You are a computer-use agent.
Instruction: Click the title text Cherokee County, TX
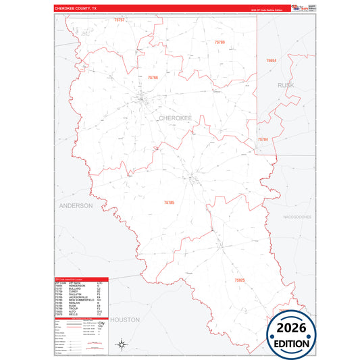point(76,9)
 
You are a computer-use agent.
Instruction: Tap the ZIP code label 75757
point(120,20)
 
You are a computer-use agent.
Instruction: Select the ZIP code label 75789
point(220,43)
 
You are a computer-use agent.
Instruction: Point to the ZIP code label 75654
point(271,61)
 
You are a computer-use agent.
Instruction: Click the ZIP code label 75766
point(153,78)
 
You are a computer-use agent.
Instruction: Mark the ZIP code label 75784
point(263,139)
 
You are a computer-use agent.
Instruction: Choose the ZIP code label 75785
point(169,202)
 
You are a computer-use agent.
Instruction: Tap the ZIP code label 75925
point(240,280)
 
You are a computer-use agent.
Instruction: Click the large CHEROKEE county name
point(175,118)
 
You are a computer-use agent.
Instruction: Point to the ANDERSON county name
point(75,205)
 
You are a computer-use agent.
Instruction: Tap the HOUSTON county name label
point(124,319)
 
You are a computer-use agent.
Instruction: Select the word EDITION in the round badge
point(289,342)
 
